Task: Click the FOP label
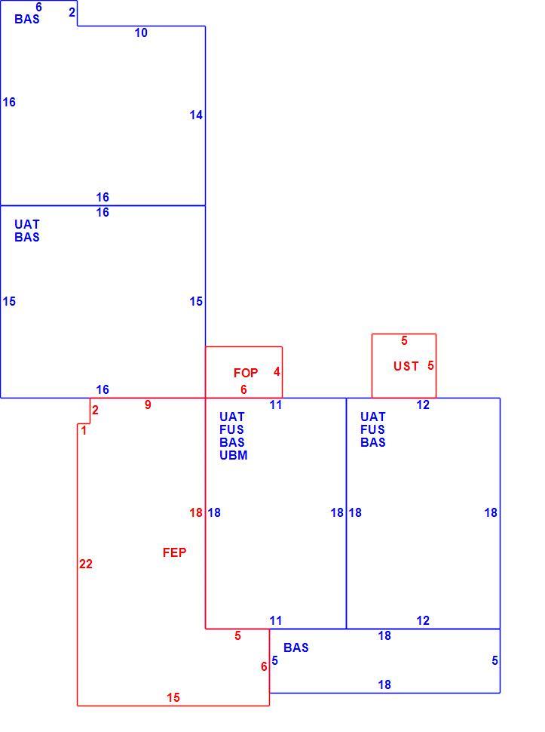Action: tap(246, 373)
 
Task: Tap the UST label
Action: tap(406, 366)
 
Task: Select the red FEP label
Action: tap(174, 552)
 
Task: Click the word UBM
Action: tap(234, 455)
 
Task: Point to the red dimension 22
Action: tap(86, 564)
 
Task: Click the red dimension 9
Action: tap(148, 404)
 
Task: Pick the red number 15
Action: tap(173, 697)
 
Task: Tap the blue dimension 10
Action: tap(141, 32)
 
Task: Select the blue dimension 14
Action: tap(196, 115)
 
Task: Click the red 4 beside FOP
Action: tap(277, 371)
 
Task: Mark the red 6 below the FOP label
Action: tap(243, 389)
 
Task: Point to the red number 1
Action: tap(84, 430)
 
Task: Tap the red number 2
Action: tap(95, 410)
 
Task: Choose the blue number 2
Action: tap(72, 12)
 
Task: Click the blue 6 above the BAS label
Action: tap(38, 7)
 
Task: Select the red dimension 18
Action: tap(196, 512)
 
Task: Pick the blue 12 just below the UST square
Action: tap(423, 404)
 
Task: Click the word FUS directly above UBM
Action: tap(231, 429)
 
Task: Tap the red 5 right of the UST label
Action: tap(430, 365)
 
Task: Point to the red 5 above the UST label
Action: tap(404, 341)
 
